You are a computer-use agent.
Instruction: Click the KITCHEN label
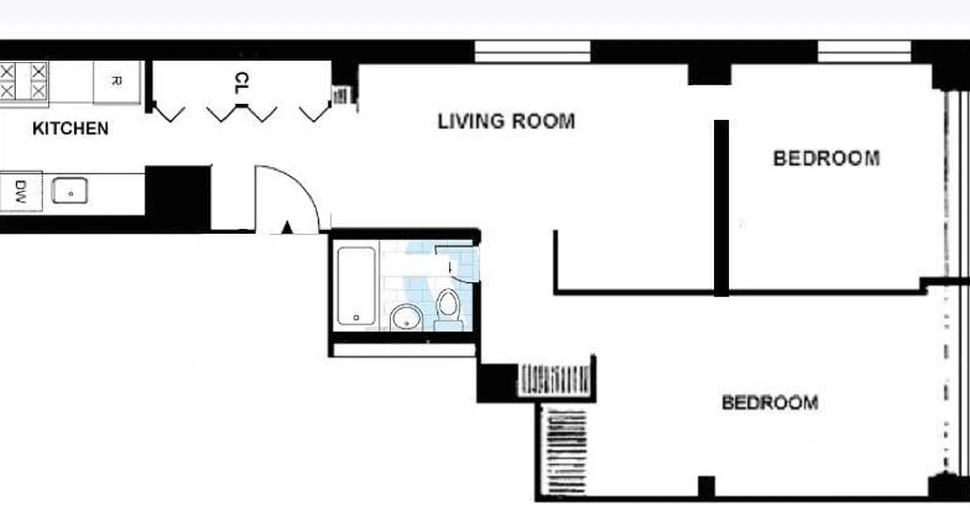coord(70,129)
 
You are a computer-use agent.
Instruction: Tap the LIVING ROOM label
coord(506,121)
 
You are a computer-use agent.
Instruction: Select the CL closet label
coord(241,82)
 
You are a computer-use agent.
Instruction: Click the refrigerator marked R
coord(116,82)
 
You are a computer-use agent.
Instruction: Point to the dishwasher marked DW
coord(20,191)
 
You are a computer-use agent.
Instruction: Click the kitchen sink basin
coord(70,191)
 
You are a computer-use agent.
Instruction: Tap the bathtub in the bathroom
coord(356,286)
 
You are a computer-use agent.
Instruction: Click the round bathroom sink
coord(406,317)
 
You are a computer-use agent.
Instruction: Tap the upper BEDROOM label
coord(826,158)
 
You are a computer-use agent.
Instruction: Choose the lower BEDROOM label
coord(770,403)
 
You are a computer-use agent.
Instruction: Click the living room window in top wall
coord(532,52)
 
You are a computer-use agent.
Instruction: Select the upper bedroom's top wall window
coord(864,52)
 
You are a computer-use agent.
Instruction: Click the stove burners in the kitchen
coord(23,81)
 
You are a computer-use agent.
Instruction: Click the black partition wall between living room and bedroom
coord(721,207)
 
